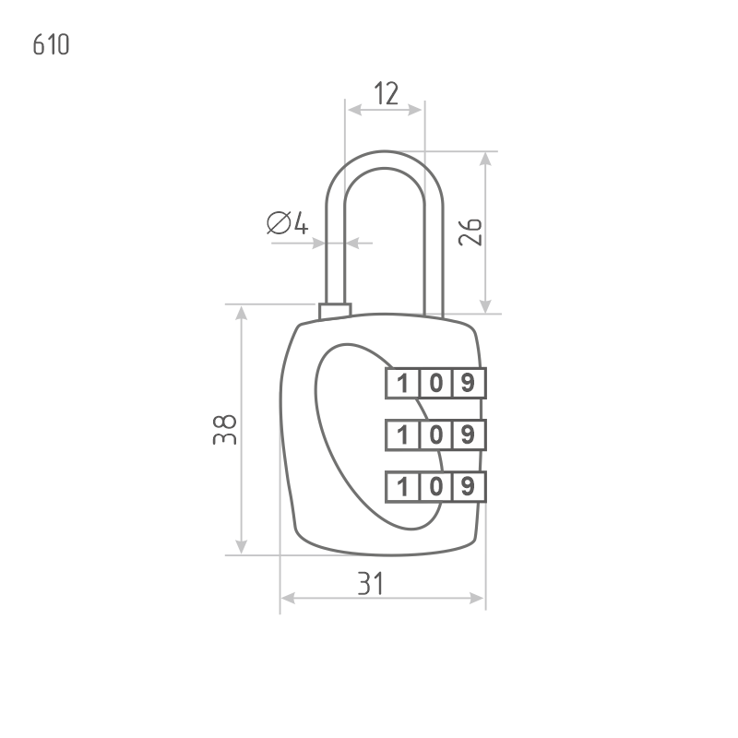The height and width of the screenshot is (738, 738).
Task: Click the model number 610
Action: click(x=51, y=44)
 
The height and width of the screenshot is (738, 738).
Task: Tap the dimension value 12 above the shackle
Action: click(x=386, y=93)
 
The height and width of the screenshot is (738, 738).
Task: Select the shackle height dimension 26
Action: click(x=470, y=232)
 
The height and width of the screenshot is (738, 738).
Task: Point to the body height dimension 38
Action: click(x=224, y=429)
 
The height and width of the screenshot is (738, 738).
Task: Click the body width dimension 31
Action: click(x=371, y=583)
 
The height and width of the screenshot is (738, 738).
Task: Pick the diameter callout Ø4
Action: click(x=288, y=222)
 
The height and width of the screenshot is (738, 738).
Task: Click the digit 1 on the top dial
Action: click(x=402, y=383)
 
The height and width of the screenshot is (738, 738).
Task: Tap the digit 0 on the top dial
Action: click(x=435, y=383)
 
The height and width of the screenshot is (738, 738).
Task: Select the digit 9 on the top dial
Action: click(x=468, y=383)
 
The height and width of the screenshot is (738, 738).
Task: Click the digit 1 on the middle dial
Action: click(x=402, y=434)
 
